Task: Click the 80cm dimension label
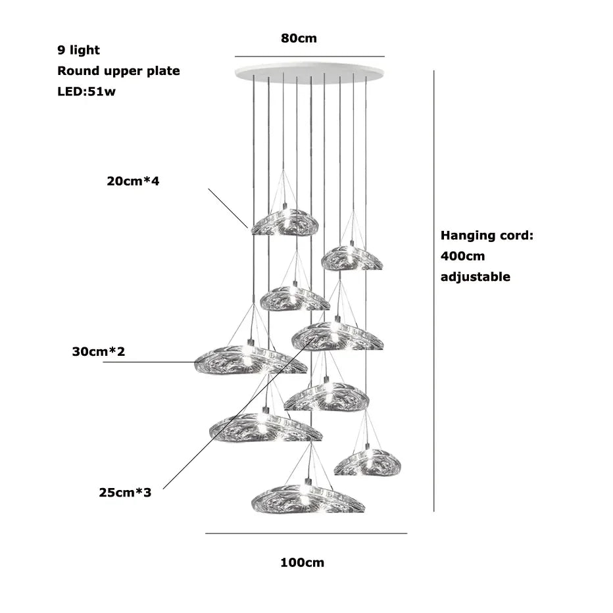[x=299, y=38]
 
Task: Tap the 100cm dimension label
[x=302, y=562]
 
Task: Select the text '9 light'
[x=79, y=50]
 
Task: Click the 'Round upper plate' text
[x=118, y=71]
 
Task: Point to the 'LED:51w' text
[x=86, y=91]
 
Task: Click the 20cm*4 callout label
[x=133, y=180]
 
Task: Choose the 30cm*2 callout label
[x=98, y=352]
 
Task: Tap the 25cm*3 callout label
[x=125, y=492]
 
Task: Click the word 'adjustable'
[x=475, y=277]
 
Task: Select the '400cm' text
[x=462, y=256]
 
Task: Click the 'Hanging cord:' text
[x=487, y=235]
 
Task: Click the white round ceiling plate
[x=309, y=73]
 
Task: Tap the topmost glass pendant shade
[x=284, y=223]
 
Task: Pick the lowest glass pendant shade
[x=307, y=498]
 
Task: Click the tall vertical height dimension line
[x=433, y=289]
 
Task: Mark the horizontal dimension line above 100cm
[x=306, y=533]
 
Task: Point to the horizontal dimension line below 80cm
[x=309, y=57]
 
